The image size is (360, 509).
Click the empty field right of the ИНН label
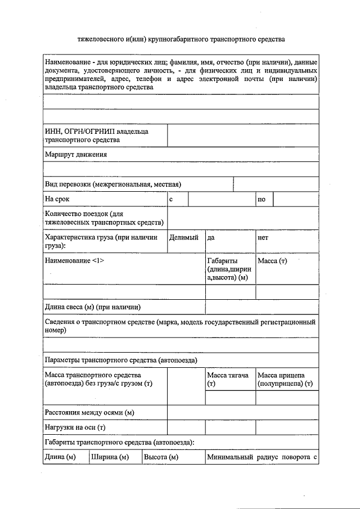(243, 136)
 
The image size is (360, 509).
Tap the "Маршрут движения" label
(76, 154)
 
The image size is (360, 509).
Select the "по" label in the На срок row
(261, 199)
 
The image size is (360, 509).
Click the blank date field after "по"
(296, 199)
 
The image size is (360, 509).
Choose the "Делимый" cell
(184, 238)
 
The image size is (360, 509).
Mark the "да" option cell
(229, 238)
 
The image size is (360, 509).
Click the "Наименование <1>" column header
(74, 261)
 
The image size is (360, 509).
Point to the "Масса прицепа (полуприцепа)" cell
(286, 379)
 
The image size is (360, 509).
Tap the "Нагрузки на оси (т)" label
(75, 427)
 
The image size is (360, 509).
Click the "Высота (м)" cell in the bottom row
(161, 457)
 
